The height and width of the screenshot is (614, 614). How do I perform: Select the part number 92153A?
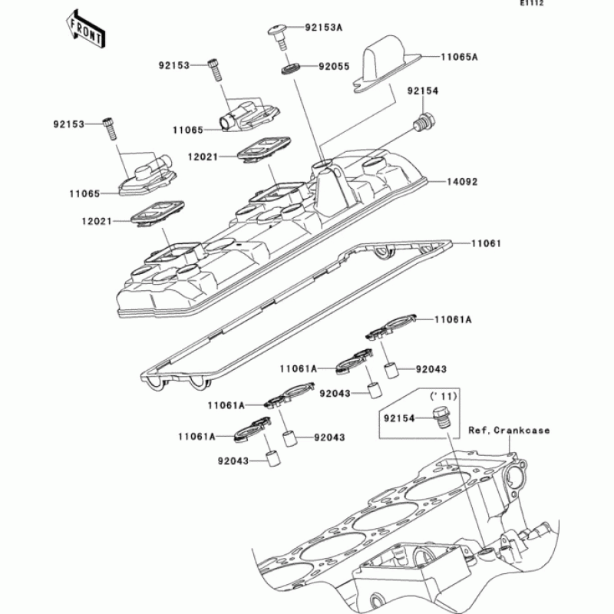click(324, 27)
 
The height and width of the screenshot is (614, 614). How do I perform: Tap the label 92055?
click(334, 67)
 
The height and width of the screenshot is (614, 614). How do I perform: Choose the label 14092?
click(463, 183)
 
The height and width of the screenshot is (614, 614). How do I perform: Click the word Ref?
click(479, 431)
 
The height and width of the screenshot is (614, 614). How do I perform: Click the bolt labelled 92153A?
click(277, 34)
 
